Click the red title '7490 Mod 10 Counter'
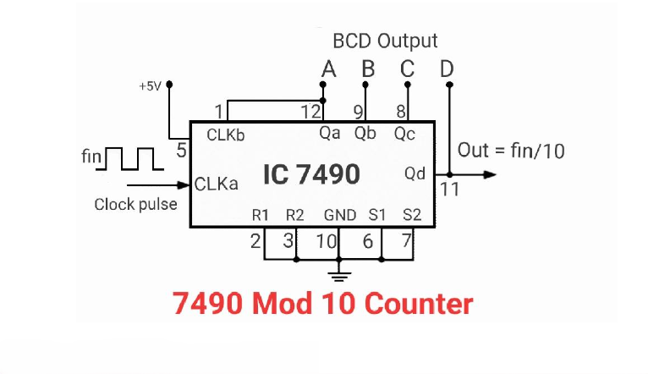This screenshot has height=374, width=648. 323,304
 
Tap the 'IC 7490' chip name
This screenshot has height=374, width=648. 310,174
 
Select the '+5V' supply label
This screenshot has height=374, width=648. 150,86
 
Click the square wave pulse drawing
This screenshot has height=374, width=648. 130,159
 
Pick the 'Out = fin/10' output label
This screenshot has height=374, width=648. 511,151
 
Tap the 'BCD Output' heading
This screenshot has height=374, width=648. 385,41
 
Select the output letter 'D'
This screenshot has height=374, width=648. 447,69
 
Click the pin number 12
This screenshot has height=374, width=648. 310,111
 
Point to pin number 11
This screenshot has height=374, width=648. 449,189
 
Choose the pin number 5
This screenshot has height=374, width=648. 181,151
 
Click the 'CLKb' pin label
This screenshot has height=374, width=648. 226,134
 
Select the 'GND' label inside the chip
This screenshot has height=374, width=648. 339,216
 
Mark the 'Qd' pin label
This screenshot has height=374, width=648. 415,174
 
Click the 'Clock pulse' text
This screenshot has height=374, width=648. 135,204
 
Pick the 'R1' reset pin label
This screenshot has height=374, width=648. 261,216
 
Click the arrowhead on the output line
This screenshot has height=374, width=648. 488,174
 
